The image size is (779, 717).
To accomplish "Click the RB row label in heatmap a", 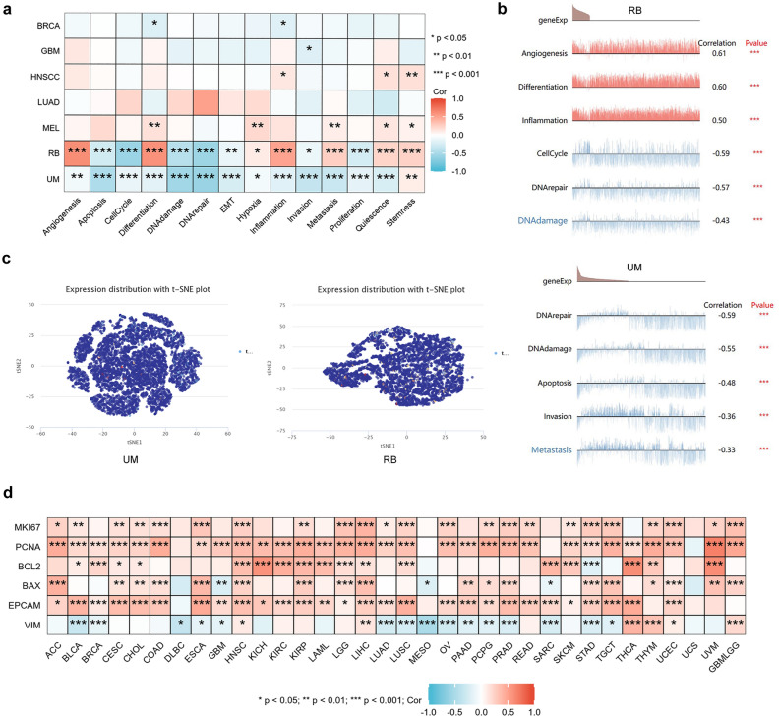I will [29, 153].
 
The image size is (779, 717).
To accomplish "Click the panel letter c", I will [7, 259].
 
